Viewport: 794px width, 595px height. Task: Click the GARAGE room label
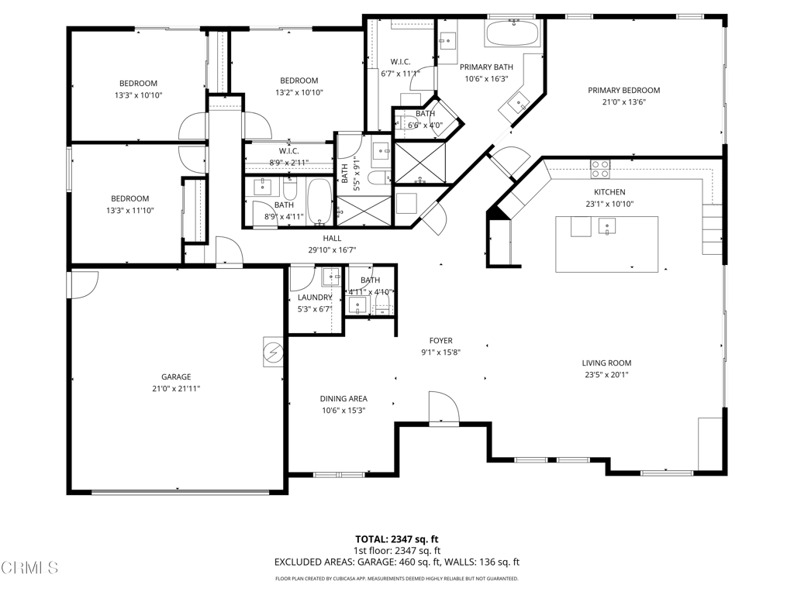[x=176, y=377]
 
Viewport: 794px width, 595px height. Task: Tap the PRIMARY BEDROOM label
[x=624, y=91]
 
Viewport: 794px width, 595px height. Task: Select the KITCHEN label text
[x=609, y=192]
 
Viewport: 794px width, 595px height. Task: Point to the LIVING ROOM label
[x=606, y=363]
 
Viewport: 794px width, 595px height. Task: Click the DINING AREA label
[x=343, y=399]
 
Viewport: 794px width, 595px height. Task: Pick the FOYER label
[x=441, y=341]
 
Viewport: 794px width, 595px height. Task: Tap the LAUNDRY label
[x=315, y=297]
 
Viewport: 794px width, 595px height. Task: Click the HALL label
[x=332, y=239]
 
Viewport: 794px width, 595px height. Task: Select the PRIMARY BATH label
[x=486, y=67]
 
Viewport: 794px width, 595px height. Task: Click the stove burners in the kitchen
[x=600, y=169]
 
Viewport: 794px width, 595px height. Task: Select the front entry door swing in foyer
[x=444, y=406]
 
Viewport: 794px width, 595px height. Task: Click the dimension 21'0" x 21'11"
[x=176, y=389]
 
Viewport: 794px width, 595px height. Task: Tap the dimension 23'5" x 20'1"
[x=606, y=375]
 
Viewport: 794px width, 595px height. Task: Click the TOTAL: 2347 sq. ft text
[x=396, y=539]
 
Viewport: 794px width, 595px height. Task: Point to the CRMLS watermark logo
[x=29, y=568]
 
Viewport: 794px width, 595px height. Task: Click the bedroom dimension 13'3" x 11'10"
[x=130, y=211]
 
